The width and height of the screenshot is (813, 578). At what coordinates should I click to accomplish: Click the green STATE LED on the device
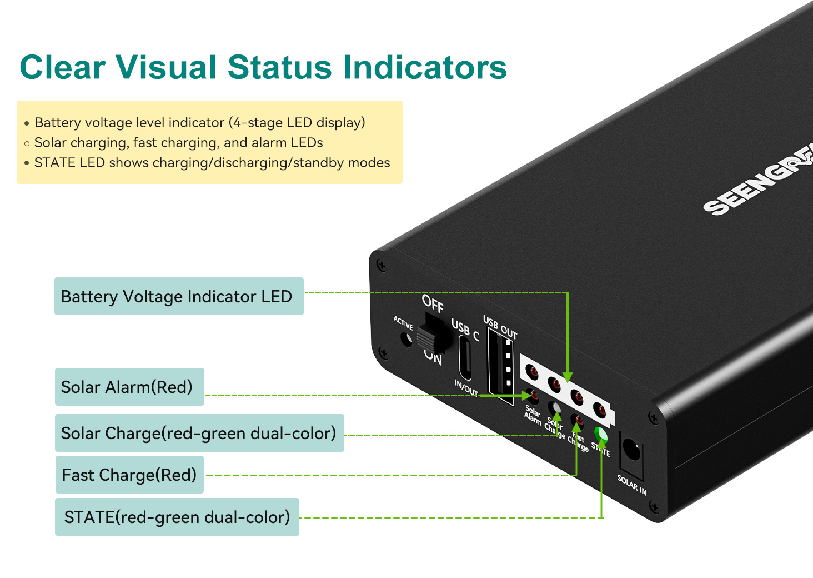[x=600, y=433]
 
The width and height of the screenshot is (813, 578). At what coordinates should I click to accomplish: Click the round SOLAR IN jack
[x=631, y=449]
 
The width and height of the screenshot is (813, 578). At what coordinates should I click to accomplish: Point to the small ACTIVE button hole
[x=407, y=338]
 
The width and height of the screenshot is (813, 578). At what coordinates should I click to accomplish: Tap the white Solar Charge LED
[x=555, y=408]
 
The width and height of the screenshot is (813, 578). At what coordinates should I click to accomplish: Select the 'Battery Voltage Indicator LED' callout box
[x=179, y=296]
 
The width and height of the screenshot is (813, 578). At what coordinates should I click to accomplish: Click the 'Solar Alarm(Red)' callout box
[x=129, y=387]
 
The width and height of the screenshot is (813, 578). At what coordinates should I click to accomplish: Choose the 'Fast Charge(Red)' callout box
[x=129, y=475]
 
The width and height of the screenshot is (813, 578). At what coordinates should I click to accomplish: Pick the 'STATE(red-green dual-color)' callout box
[x=177, y=517]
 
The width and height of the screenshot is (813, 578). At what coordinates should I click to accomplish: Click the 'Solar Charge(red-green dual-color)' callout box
[x=199, y=433]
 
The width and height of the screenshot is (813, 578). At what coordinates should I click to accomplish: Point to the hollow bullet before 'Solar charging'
[x=27, y=143]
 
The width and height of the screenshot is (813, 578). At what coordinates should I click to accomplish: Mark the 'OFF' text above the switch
[x=433, y=303]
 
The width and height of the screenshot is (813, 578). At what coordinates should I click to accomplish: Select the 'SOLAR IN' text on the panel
[x=632, y=484]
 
